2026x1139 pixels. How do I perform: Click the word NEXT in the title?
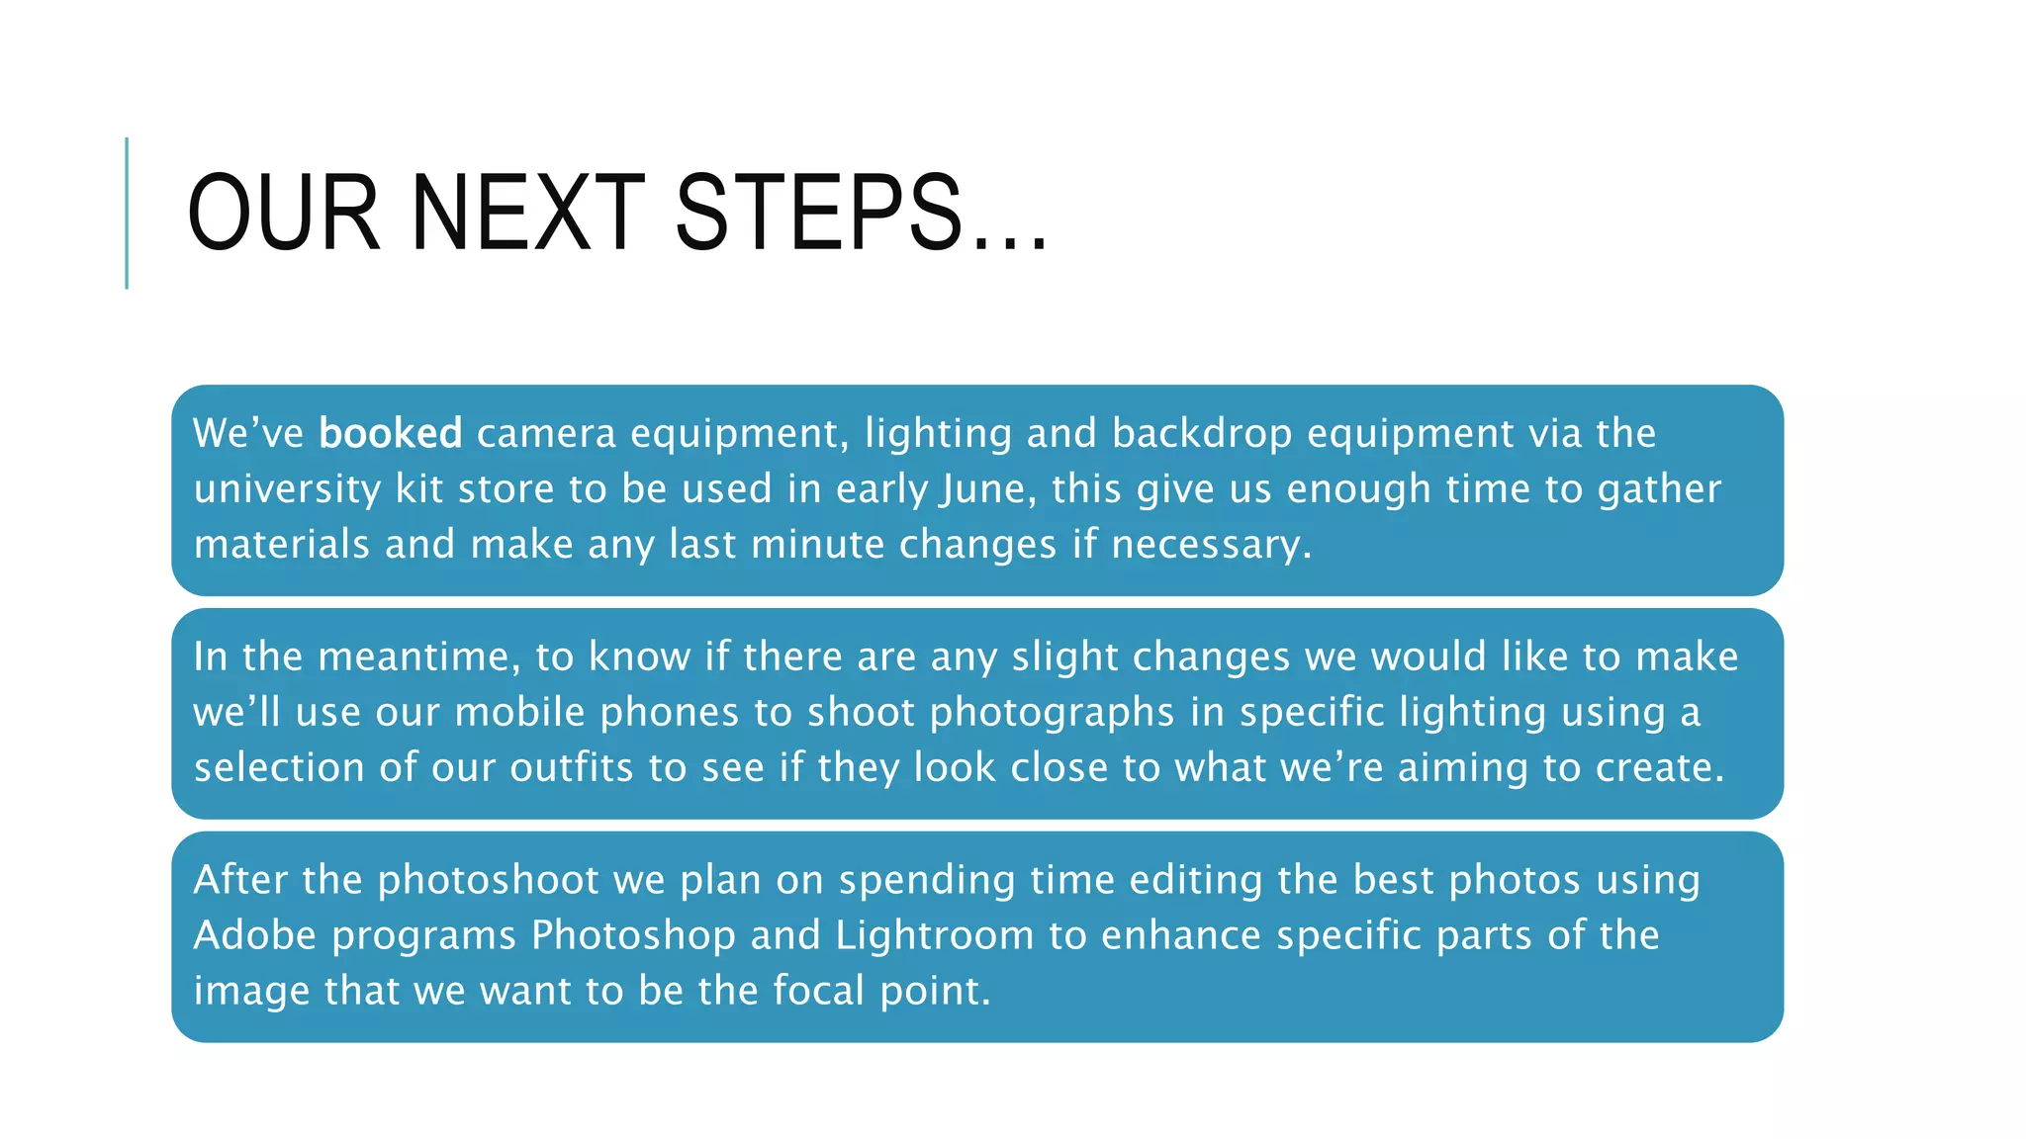[x=527, y=213]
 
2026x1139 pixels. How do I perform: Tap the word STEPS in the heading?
[x=818, y=213]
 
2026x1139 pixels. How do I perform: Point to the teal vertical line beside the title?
[x=127, y=213]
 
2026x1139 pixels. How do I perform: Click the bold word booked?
[x=391, y=433]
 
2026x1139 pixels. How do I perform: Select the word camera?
[x=546, y=433]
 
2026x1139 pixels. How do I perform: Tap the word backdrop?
[x=1201, y=433]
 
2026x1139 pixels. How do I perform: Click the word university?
[x=287, y=489]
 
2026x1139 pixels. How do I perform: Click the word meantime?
[x=418, y=657]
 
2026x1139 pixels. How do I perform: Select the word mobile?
[x=520, y=713]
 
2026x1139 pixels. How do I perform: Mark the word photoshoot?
[x=489, y=881]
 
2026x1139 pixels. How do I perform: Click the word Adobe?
[x=255, y=936]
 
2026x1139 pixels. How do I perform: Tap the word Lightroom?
[x=935, y=936]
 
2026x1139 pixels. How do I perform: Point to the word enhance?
[x=1181, y=936]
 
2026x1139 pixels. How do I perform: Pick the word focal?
[x=819, y=992]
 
